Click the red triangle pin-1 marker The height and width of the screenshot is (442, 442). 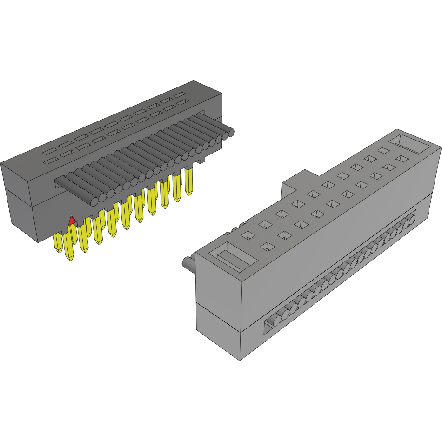pyautogui.click(x=72, y=221)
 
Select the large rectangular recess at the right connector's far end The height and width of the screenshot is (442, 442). pyautogui.click(x=409, y=144)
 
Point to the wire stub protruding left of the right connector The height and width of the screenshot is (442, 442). pyautogui.click(x=188, y=264)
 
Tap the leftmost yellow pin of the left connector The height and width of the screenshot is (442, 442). pyautogui.click(x=58, y=242)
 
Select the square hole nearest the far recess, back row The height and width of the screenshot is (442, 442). pyautogui.click(x=383, y=150)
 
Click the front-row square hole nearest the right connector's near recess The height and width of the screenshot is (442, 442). pyautogui.click(x=266, y=247)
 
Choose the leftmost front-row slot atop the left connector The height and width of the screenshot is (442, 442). pyautogui.click(x=48, y=161)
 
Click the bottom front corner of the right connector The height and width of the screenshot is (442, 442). pyautogui.click(x=240, y=360)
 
